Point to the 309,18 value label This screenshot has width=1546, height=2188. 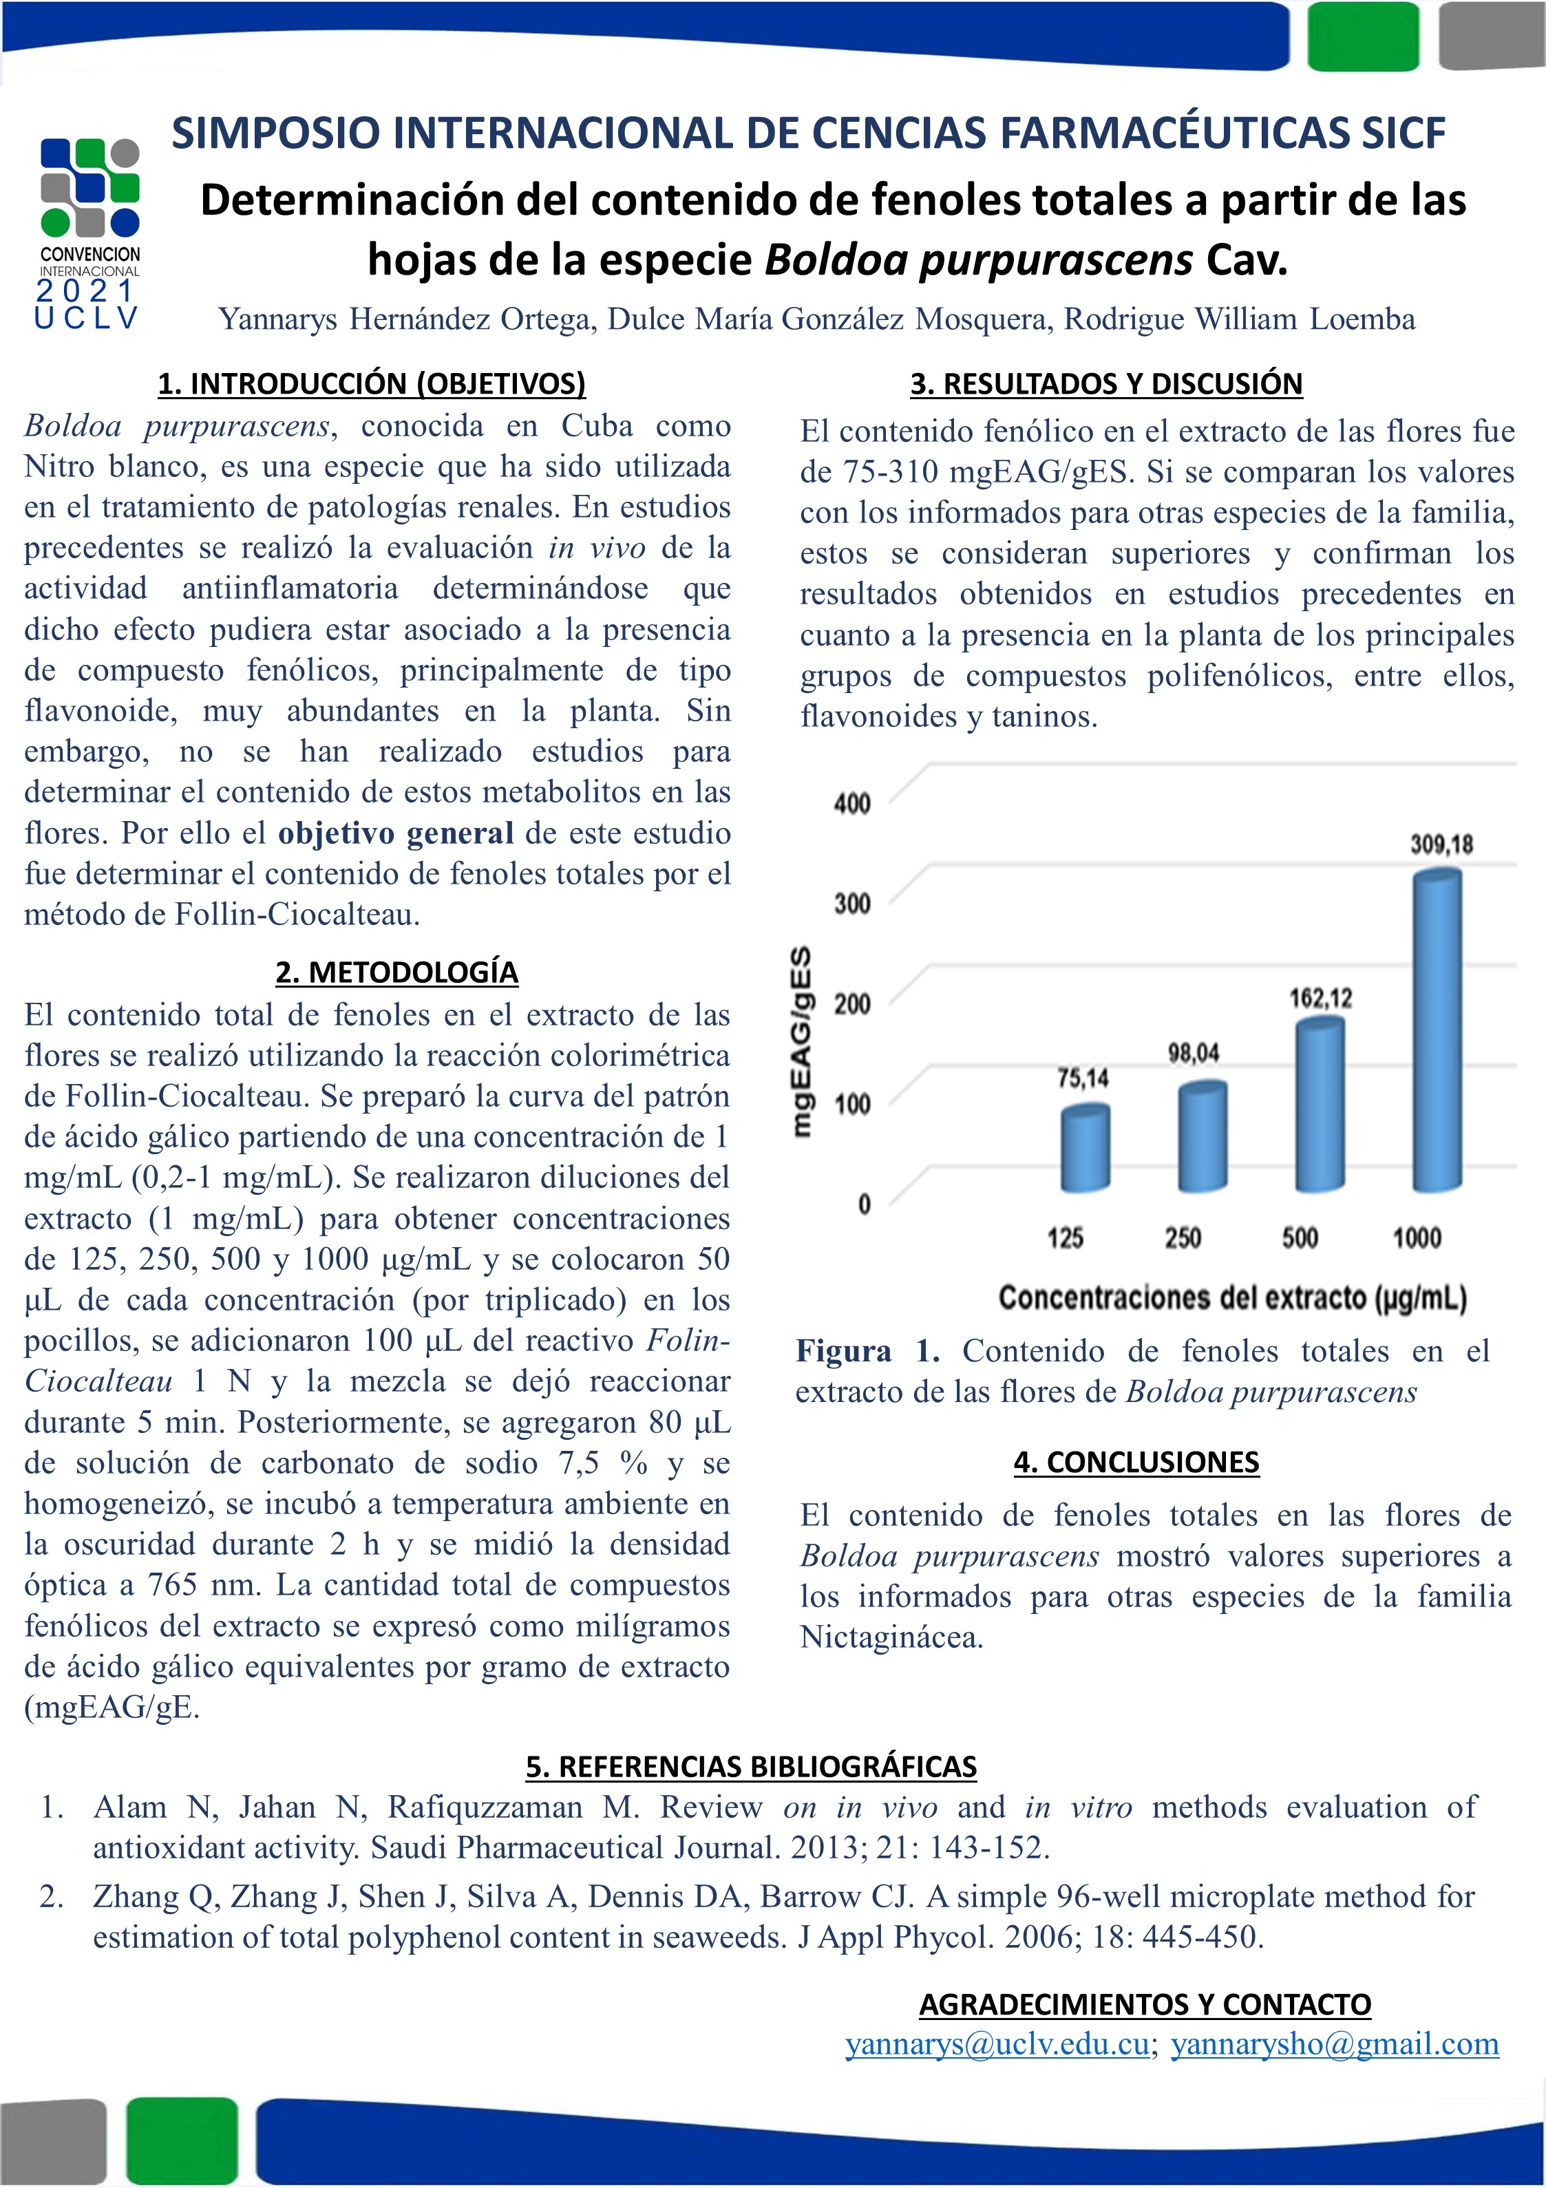1441,845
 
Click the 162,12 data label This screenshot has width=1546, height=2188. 1320,998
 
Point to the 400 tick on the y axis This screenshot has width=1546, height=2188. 852,803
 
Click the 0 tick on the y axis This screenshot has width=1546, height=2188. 864,1204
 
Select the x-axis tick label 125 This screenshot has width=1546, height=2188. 1065,1238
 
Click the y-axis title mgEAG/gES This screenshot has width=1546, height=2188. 803,1041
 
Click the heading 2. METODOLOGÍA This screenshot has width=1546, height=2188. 396,972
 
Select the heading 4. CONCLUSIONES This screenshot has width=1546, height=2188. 1136,1462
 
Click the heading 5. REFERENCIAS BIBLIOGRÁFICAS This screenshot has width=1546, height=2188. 751,1766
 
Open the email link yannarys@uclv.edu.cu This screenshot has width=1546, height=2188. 997,2044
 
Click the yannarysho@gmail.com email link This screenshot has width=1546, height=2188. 1335,2044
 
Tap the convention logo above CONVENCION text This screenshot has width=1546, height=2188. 89,188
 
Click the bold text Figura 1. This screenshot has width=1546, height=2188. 867,1351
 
